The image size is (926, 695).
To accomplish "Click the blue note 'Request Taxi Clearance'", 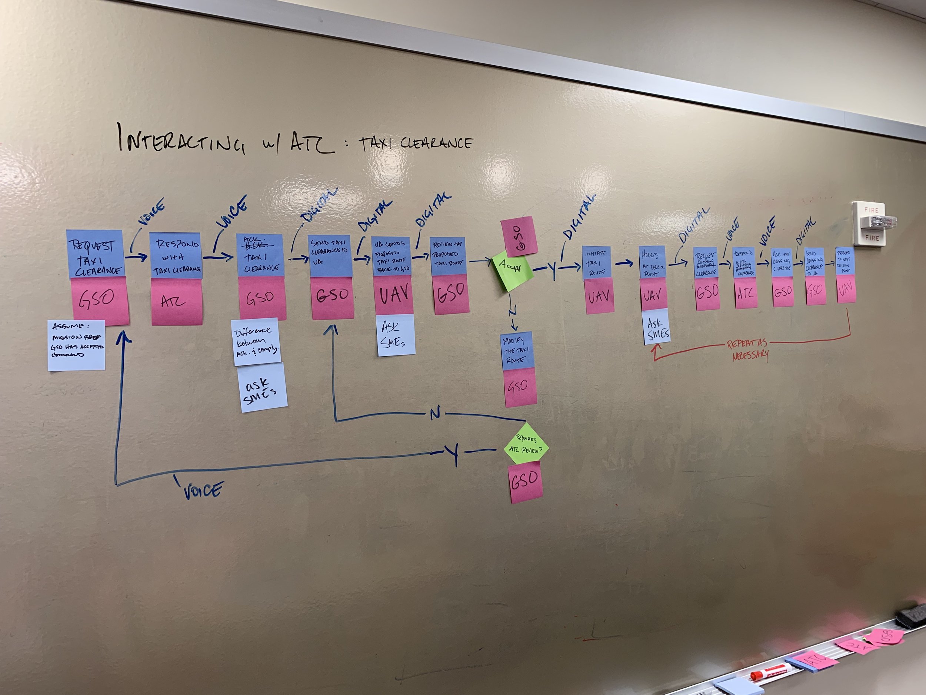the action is coord(96,254).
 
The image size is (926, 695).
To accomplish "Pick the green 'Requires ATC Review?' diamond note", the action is coord(526,444).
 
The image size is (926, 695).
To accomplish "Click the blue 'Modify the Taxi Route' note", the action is coord(517,351).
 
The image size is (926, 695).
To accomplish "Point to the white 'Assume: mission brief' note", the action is coord(76,345).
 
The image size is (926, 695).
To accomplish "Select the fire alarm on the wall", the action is coord(872,223).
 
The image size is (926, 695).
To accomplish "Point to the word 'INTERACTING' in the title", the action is coord(180,139).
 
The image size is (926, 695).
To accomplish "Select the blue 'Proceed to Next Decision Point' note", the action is coord(845,261).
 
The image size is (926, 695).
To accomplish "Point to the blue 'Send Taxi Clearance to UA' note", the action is coord(330,255).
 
